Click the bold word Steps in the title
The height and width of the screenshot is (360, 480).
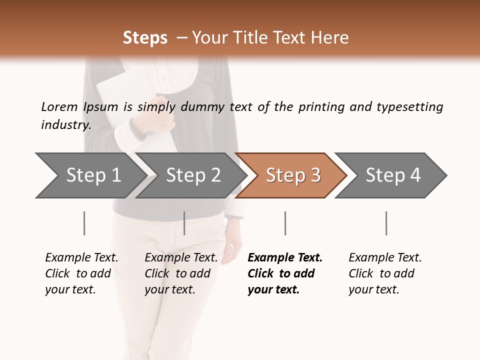pyautogui.click(x=145, y=38)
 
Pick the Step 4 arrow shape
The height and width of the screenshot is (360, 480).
pyautogui.click(x=391, y=175)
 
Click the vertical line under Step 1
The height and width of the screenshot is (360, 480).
pyautogui.click(x=84, y=223)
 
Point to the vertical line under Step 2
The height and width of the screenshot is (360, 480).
pyautogui.click(x=184, y=223)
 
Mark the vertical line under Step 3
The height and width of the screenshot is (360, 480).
pyautogui.click(x=285, y=223)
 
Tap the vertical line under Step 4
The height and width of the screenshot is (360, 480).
pyautogui.click(x=386, y=223)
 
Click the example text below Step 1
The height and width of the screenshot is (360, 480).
pyautogui.click(x=81, y=273)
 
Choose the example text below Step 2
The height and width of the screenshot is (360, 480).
pyautogui.click(x=181, y=273)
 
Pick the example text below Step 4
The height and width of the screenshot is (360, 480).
pyautogui.click(x=385, y=273)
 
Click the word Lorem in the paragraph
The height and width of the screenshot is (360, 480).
pyautogui.click(x=59, y=106)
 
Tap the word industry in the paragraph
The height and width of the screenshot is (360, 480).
pyautogui.click(x=65, y=125)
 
